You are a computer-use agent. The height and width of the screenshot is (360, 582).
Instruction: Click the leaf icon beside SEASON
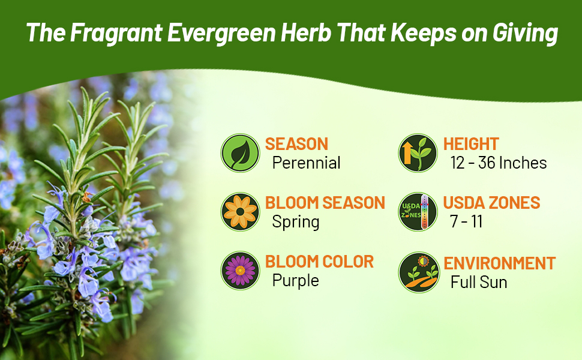point(240,153)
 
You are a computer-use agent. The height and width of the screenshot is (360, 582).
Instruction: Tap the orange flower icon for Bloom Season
point(240,212)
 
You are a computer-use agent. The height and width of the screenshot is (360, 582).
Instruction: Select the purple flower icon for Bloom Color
point(240,271)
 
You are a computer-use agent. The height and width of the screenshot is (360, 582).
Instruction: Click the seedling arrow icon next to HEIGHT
point(418,153)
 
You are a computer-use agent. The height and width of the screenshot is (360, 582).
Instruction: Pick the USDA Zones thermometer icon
point(418,212)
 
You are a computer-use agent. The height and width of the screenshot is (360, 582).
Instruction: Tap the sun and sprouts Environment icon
point(418,272)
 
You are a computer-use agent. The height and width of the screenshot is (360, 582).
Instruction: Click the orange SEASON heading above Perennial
point(296,144)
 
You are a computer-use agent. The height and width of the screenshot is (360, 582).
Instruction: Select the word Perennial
point(306,163)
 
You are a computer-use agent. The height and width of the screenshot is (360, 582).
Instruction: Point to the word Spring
point(295,221)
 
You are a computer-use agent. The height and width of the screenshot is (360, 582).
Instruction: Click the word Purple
point(295,280)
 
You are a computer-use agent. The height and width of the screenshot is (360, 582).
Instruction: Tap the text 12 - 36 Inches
point(499,163)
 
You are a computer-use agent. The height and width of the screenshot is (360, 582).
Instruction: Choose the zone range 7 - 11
point(466,221)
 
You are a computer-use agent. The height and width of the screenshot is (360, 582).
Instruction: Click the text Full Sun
point(479,281)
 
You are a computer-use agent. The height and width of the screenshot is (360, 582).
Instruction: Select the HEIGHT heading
point(471,144)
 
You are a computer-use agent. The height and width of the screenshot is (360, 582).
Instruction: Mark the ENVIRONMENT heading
point(499,263)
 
